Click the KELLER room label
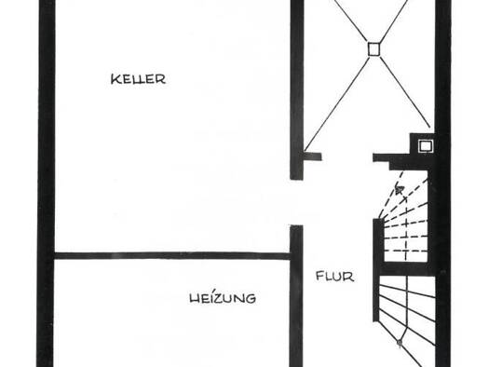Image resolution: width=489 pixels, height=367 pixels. [x=138, y=79]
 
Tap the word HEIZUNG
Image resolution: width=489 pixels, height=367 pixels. [x=223, y=298]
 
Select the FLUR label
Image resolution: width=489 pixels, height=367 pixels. [x=335, y=277]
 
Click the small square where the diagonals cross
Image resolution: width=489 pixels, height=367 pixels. [x=374, y=49]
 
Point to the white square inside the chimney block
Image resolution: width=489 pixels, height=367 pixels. [x=426, y=146]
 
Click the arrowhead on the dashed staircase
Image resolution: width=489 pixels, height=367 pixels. [x=400, y=189]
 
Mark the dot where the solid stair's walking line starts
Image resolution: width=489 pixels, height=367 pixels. [x=400, y=343]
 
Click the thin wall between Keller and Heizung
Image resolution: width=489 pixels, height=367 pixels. [x=172, y=256]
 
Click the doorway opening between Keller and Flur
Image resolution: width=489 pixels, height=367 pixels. [x=296, y=202]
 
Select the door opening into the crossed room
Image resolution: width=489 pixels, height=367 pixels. [x=347, y=156]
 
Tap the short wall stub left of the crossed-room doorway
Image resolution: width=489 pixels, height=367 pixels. [x=312, y=156]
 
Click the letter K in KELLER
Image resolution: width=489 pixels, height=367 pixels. [x=115, y=79]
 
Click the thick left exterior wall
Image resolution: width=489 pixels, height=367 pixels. [x=46, y=183]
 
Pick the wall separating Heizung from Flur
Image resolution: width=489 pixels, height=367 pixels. [x=296, y=296]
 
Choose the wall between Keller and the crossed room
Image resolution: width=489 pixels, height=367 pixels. [x=296, y=89]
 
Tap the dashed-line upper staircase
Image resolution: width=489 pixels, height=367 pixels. [x=404, y=217]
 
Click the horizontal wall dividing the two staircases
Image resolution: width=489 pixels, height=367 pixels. [x=405, y=269]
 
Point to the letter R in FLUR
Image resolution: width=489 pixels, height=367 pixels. [x=350, y=277]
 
